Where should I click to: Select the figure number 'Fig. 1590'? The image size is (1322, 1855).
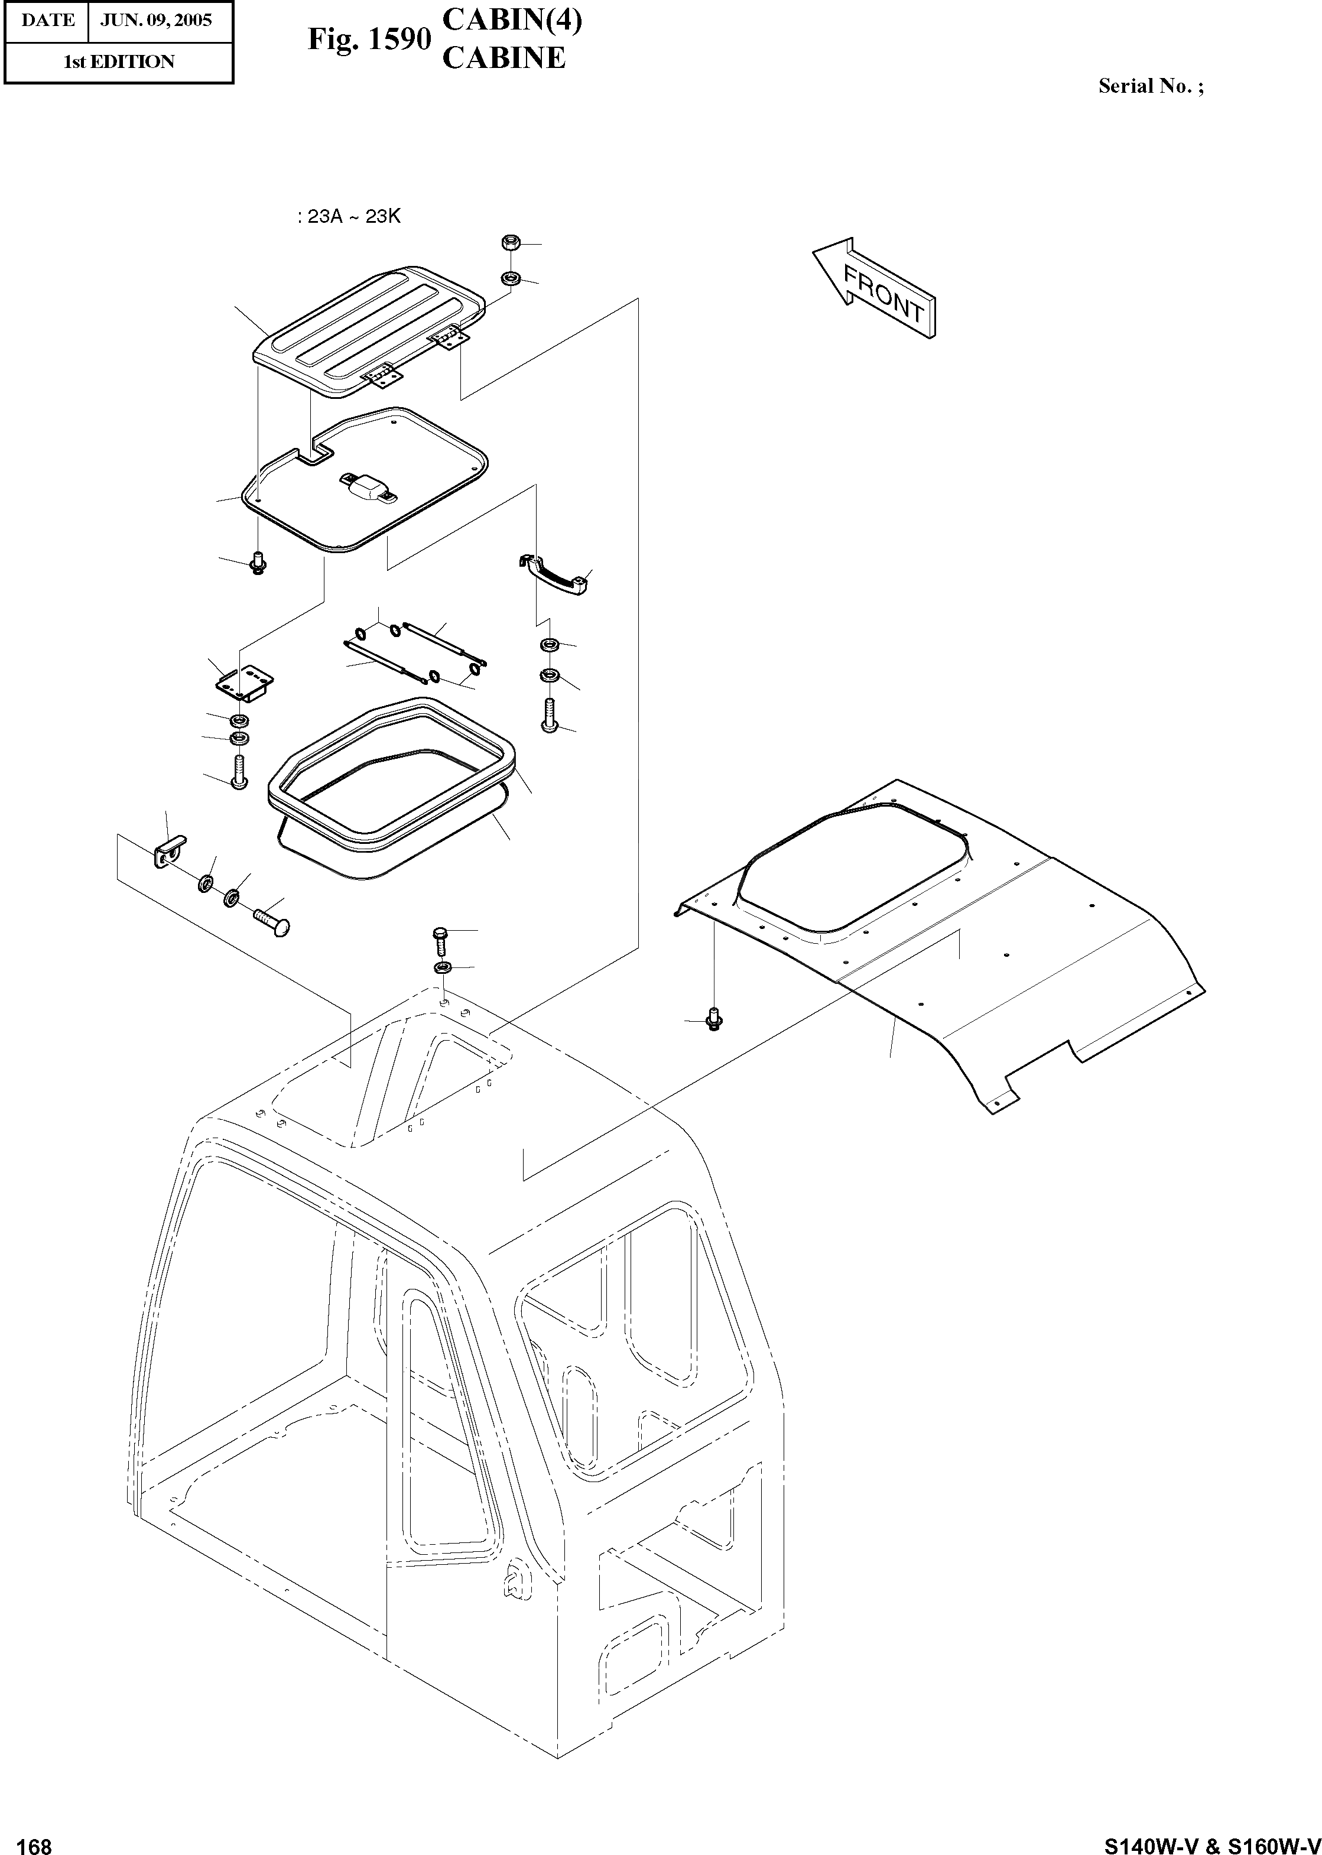tap(369, 39)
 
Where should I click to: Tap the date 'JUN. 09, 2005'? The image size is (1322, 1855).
tap(155, 20)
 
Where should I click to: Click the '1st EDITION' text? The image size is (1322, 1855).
tap(119, 62)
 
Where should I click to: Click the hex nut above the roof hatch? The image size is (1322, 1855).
tap(511, 242)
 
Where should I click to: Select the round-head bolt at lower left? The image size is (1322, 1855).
tap(272, 923)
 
